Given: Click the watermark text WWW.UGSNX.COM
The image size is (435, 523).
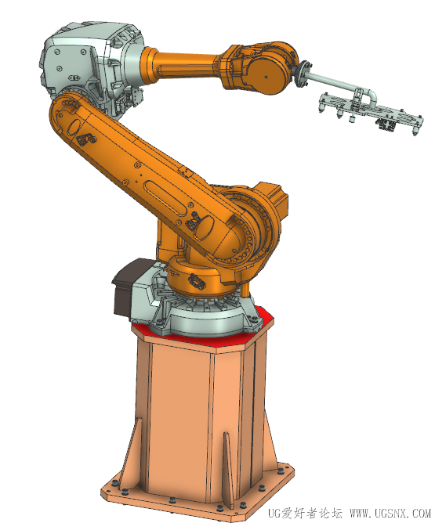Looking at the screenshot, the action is pos(390,513).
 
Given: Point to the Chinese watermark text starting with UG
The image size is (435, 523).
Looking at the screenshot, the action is pos(305,513).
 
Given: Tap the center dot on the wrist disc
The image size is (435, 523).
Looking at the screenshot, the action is pos(266,77).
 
